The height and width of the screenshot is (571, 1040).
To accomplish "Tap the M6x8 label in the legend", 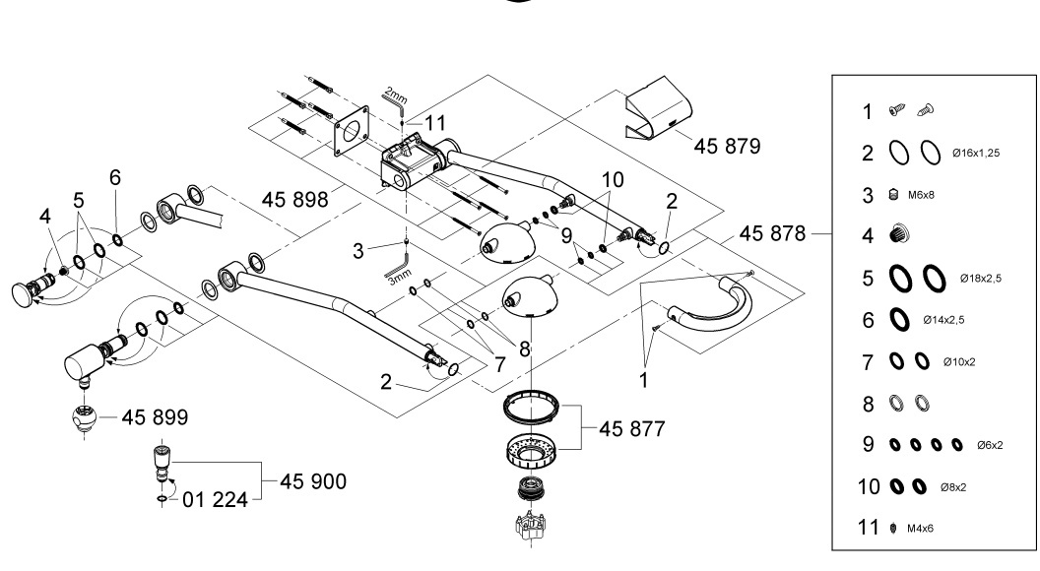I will pos(921,194).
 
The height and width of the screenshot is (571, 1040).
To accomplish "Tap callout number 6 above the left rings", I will pos(115,177).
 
